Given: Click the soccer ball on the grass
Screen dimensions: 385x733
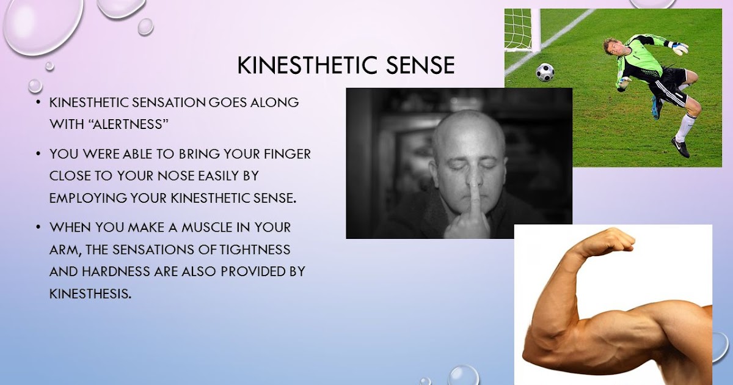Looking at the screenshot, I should [x=545, y=72].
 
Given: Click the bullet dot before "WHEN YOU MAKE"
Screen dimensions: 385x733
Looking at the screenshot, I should [x=38, y=227].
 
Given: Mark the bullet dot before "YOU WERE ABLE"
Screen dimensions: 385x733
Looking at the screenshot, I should [x=38, y=154].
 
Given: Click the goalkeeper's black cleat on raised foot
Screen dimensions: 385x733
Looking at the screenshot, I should [x=680, y=147].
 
